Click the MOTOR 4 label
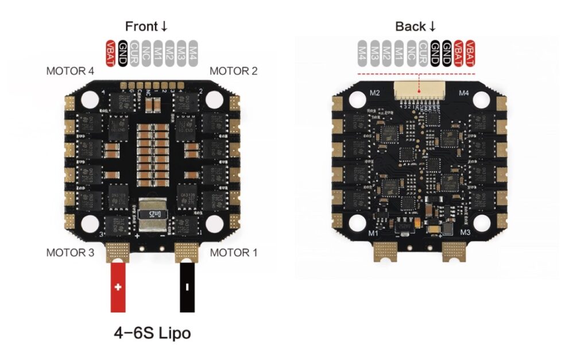(x=70, y=72)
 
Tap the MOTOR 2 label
(x=233, y=72)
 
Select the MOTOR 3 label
(x=70, y=253)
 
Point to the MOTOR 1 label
(x=233, y=253)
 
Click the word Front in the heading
(x=141, y=26)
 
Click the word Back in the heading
(x=410, y=26)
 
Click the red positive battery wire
(x=118, y=287)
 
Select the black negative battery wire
(x=188, y=287)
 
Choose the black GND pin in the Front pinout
(x=122, y=53)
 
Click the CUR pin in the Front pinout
(x=134, y=53)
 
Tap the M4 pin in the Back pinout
(x=362, y=53)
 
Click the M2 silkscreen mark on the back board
(x=374, y=92)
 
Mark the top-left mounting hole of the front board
(x=89, y=99)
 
